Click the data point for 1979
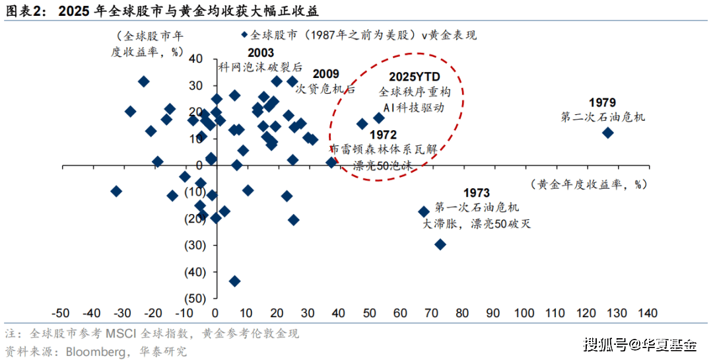pos(608,133)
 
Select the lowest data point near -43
pos(234,281)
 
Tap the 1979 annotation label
pos(602,102)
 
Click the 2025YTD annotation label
pos(415,77)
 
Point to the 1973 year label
pos(476,193)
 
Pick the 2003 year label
pos(261,54)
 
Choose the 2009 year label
pos(325,74)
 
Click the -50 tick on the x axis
pos(61,312)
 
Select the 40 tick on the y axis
pos(195,58)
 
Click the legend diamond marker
pos(244,35)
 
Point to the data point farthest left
pos(116,191)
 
